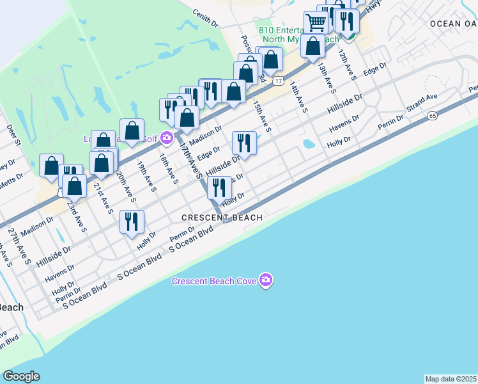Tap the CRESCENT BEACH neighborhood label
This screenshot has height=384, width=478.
click(222, 218)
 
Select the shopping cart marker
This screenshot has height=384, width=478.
click(316, 23)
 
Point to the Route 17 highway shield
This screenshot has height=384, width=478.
click(279, 81)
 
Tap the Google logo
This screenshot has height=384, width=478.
click(21, 376)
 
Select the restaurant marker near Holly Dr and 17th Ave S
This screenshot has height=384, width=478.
click(219, 188)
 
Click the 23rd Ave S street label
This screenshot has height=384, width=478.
click(79, 217)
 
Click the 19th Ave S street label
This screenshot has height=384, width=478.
click(145, 175)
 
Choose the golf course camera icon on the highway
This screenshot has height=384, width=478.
click(167, 137)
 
